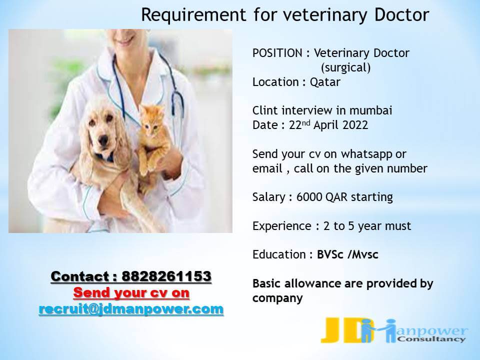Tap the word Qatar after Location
point(325,82)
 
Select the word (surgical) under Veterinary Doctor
point(345,67)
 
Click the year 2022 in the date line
point(355,125)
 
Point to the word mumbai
point(370,110)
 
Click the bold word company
point(277,298)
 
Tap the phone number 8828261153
point(166,276)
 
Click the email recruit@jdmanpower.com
point(131,309)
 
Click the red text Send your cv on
point(131,292)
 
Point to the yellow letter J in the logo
point(330,330)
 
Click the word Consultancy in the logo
point(431,339)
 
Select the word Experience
point(282,226)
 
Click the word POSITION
point(277,53)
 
